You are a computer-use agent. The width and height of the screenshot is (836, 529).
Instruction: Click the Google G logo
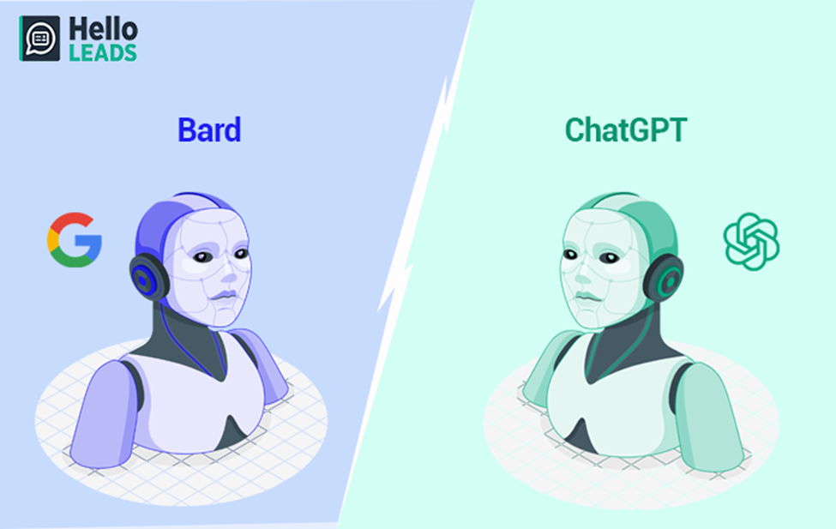click(74, 239)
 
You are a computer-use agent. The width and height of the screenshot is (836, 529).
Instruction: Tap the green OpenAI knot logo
click(751, 242)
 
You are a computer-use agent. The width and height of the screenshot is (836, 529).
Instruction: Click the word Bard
click(209, 130)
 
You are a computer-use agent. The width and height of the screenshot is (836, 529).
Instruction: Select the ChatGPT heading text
click(626, 130)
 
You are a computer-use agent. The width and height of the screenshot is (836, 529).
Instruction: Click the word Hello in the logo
click(104, 29)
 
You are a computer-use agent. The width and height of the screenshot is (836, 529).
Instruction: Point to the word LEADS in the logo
click(103, 53)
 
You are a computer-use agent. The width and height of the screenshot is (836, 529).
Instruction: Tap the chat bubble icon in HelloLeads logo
click(40, 39)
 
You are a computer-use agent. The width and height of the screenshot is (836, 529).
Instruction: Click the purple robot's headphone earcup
click(147, 276)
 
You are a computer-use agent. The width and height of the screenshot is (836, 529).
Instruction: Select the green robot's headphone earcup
click(665, 278)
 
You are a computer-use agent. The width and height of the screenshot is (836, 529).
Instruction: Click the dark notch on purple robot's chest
click(232, 435)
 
